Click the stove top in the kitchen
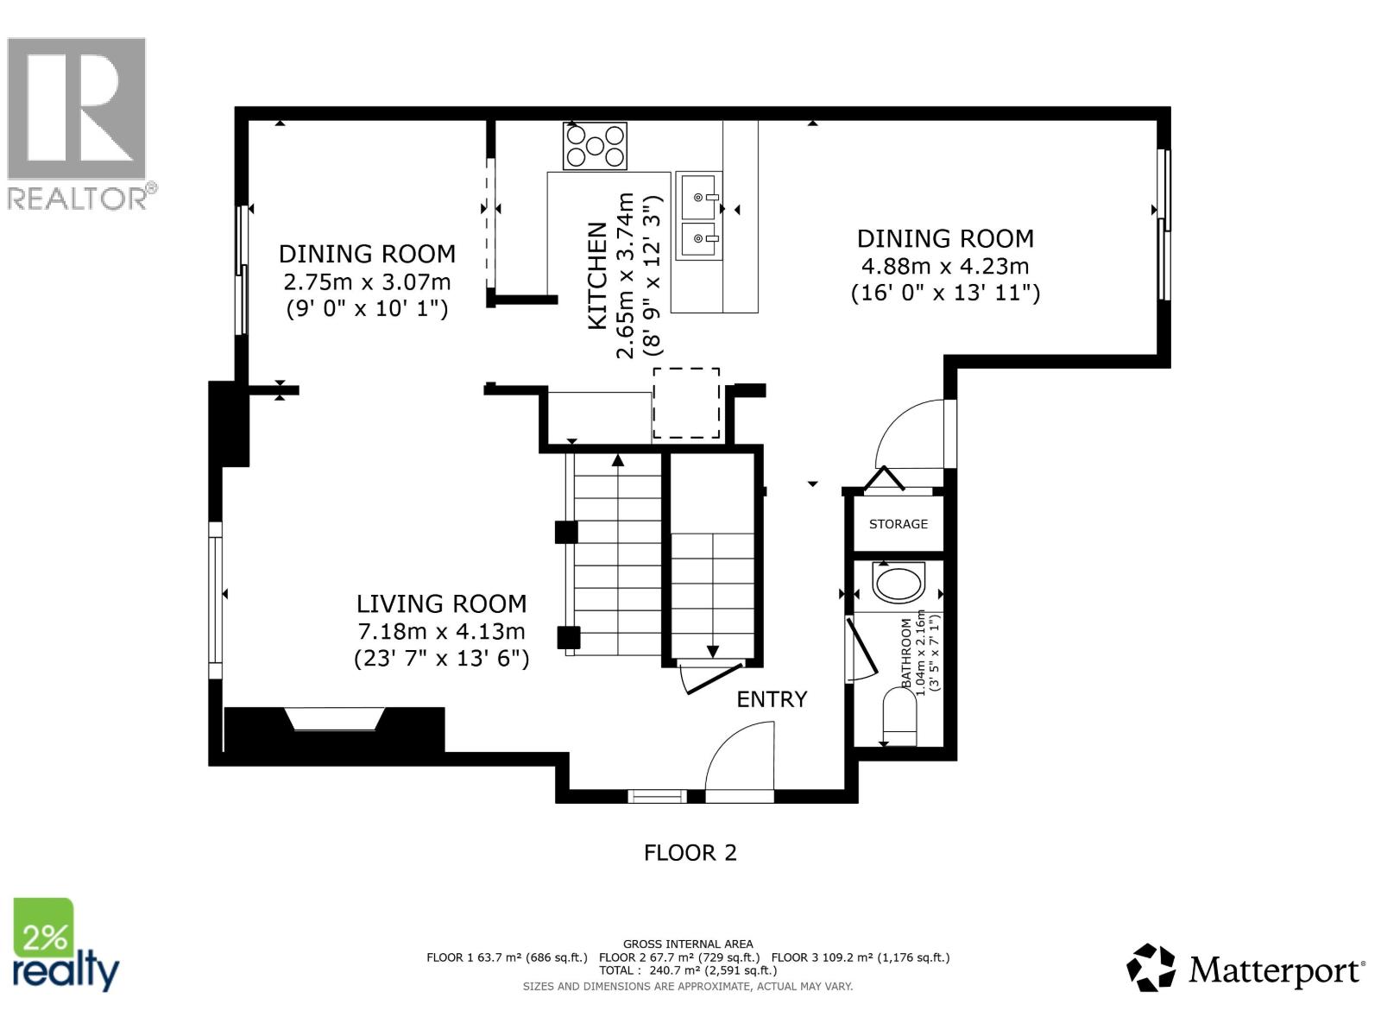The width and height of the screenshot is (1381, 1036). [x=595, y=146]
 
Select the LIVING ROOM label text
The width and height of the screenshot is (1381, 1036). [x=441, y=603]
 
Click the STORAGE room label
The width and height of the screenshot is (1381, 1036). [x=899, y=524]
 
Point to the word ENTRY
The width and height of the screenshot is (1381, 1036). [x=772, y=699]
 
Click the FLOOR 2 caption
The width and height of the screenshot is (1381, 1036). [x=690, y=853]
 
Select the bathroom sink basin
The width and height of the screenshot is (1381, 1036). [x=899, y=583]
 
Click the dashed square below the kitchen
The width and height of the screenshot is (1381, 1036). [x=686, y=403]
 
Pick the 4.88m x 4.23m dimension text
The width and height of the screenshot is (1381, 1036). [x=945, y=266]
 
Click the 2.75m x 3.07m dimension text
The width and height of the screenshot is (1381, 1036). [x=367, y=281]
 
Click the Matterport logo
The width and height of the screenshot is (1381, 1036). [x=1245, y=969]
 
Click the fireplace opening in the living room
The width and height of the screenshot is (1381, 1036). [x=336, y=719]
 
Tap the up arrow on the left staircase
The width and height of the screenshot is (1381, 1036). [x=617, y=461]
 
